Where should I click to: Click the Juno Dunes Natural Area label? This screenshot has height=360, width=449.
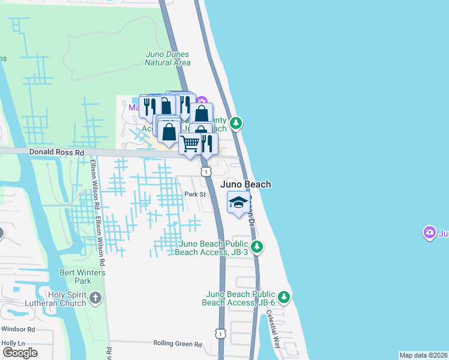click(x=168, y=58)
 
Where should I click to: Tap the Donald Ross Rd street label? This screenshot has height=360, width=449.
click(x=57, y=153)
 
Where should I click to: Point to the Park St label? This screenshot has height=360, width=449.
click(x=195, y=194)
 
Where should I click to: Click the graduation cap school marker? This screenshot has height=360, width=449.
click(x=238, y=202)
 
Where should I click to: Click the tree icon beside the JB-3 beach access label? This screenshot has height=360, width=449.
click(x=257, y=246)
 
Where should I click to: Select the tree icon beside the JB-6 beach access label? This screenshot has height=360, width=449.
click(x=284, y=296)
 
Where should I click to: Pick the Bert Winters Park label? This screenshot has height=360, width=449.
click(x=83, y=277)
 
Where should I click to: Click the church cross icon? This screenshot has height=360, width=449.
click(x=94, y=298)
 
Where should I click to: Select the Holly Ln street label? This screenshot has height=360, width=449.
click(x=13, y=343)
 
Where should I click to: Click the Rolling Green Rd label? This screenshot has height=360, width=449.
click(x=177, y=344)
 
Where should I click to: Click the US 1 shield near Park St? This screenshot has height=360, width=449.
click(x=206, y=172)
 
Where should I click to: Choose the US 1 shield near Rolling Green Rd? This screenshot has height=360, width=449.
click(x=221, y=333)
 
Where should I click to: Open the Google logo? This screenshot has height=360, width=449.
click(x=20, y=352)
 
